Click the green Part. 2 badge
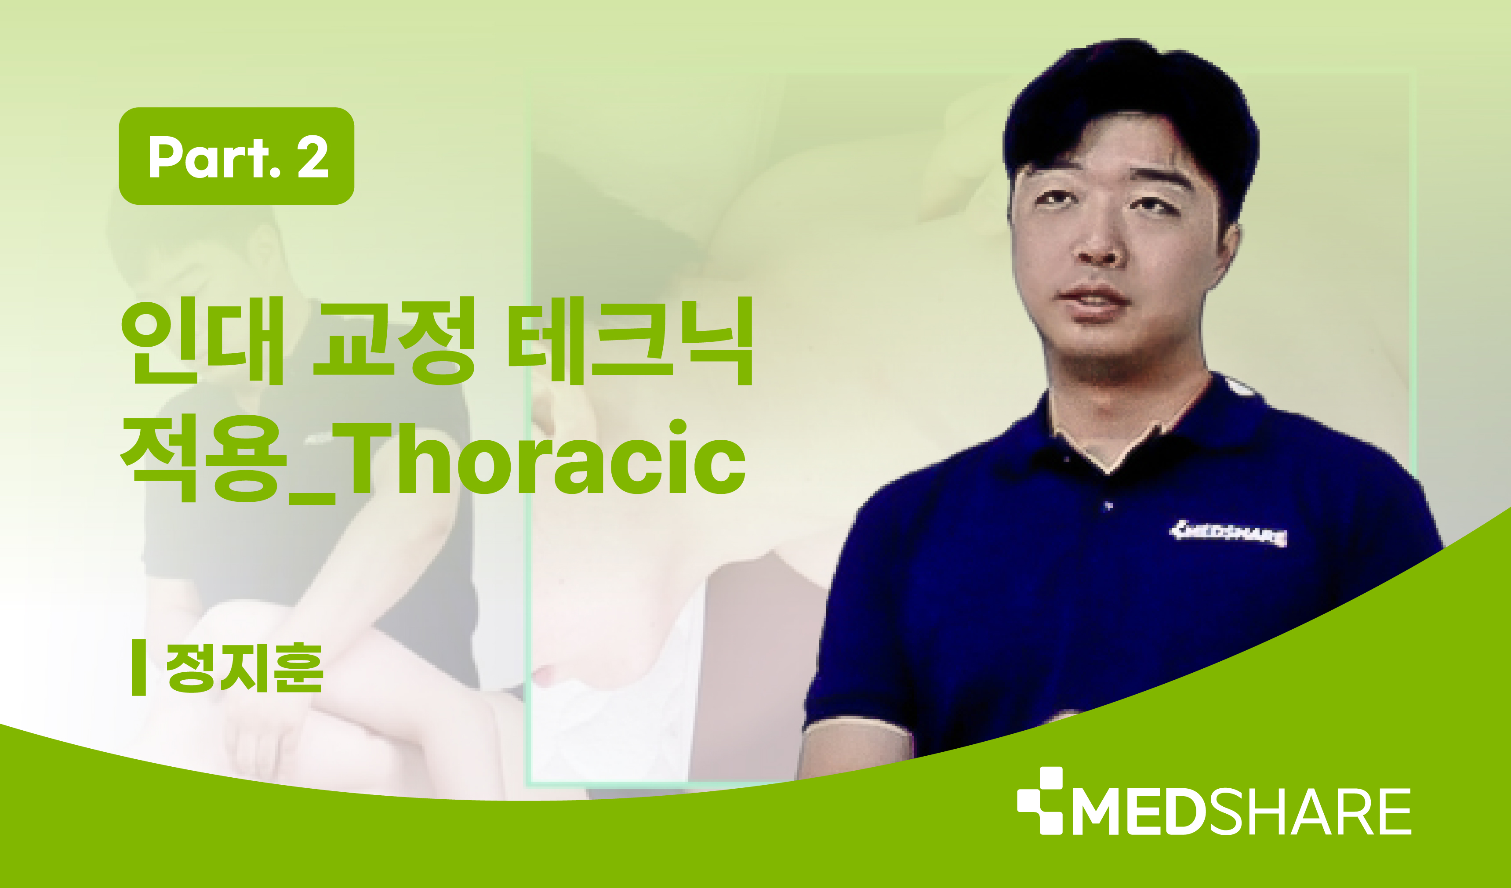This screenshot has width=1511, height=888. tap(236, 156)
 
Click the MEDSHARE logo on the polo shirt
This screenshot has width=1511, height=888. tap(1228, 533)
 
